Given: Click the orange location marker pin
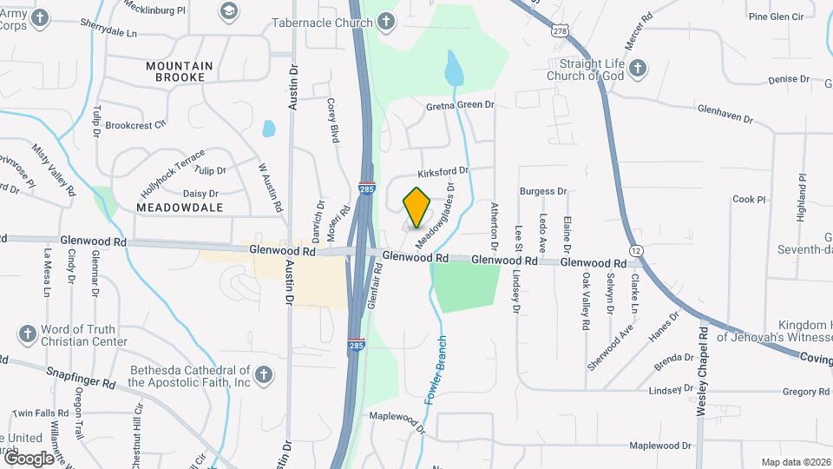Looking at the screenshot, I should point(417,207).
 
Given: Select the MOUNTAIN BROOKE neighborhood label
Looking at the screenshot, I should point(180,71).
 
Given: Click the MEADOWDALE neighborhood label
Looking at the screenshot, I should point(180,208).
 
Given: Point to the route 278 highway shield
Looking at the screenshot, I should point(560,30).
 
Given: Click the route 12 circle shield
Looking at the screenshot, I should point(638,250).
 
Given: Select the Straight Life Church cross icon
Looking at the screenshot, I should point(638,69).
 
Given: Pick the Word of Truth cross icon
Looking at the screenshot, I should point(27,334).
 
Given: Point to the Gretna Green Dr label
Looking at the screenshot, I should point(460,104).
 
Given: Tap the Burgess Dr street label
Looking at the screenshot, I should point(542,191).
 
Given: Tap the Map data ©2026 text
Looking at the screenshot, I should point(795,462).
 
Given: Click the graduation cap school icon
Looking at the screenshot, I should point(228,11).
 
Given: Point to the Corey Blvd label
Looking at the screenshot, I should point(333,120).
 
